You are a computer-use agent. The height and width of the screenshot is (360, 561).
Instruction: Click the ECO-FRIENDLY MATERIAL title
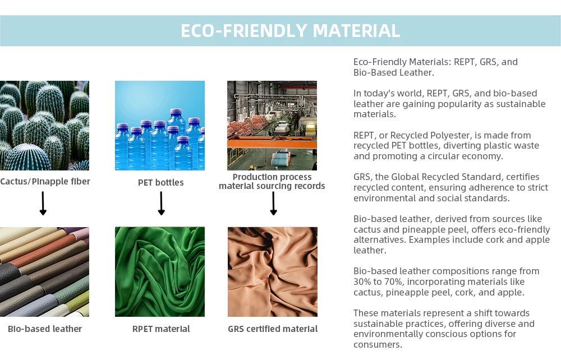(290, 30)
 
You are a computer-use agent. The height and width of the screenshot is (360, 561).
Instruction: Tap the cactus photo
(44, 126)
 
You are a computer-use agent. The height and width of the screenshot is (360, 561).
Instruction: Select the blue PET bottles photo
(160, 126)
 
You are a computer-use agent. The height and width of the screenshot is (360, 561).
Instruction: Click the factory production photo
(272, 126)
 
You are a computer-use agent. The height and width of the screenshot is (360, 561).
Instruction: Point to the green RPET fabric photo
(160, 272)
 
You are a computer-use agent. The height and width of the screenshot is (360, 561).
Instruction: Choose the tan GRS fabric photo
(273, 272)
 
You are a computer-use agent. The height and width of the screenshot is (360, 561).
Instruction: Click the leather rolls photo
(44, 272)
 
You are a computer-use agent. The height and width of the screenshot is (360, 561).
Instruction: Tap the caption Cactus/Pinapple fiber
(45, 182)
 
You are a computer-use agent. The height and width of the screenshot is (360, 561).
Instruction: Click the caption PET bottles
(160, 182)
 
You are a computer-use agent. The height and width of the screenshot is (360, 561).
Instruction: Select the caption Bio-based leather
(45, 329)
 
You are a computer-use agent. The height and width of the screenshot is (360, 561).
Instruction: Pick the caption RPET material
(161, 329)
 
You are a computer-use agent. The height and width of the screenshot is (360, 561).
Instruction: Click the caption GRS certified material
(273, 329)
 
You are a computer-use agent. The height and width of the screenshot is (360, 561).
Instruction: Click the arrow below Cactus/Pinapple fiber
(43, 204)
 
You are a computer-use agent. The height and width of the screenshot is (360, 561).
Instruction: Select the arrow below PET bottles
(161, 204)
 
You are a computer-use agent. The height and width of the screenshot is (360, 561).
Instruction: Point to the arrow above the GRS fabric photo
(273, 204)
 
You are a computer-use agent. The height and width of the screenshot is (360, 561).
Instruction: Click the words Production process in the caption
(272, 177)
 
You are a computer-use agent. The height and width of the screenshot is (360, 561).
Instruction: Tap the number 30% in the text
(362, 281)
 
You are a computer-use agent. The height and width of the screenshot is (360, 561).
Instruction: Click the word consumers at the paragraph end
(377, 345)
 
